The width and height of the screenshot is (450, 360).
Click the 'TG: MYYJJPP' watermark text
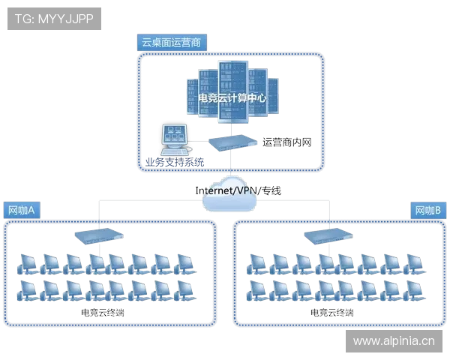click(53, 18)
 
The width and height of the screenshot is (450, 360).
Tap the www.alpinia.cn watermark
click(393, 340)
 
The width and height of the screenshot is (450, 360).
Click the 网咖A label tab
click(22, 210)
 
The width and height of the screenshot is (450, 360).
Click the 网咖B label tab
click(427, 210)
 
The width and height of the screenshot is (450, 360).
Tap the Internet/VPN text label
click(229, 190)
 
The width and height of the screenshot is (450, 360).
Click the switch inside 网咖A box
click(98, 235)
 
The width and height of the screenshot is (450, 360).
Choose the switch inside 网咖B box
click(326, 235)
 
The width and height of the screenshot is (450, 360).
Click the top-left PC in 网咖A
click(27, 262)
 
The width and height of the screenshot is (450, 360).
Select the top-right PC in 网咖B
click(414, 262)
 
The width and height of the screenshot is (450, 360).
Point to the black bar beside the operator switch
click(284, 140)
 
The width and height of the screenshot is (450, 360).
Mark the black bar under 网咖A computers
click(102, 309)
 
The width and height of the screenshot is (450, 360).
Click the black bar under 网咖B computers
click(330, 309)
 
